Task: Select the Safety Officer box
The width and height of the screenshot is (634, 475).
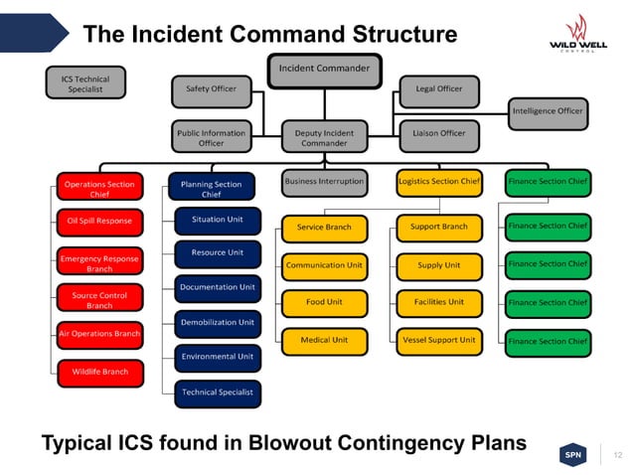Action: tap(211, 89)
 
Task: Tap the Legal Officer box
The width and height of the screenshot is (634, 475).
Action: tap(438, 89)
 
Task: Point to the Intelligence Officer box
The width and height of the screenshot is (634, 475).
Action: tap(548, 112)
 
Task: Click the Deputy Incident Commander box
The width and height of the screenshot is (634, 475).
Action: tap(324, 137)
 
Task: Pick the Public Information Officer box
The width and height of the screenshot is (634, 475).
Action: tap(211, 137)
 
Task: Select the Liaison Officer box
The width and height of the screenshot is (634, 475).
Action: tap(438, 133)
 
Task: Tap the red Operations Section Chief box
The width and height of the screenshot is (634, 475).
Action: tap(99, 188)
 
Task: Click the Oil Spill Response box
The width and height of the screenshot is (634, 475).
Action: tap(99, 221)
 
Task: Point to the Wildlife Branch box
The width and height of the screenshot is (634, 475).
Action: tap(99, 373)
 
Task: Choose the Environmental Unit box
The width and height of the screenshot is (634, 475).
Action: tap(218, 357)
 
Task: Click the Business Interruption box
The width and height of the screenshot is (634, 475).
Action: tap(324, 182)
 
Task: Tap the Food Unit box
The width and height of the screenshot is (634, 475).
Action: tap(324, 302)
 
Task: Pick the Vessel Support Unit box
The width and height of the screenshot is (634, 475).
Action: tap(438, 341)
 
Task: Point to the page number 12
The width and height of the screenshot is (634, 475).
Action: tap(618, 455)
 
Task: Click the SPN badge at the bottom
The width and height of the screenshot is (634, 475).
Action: tap(573, 454)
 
